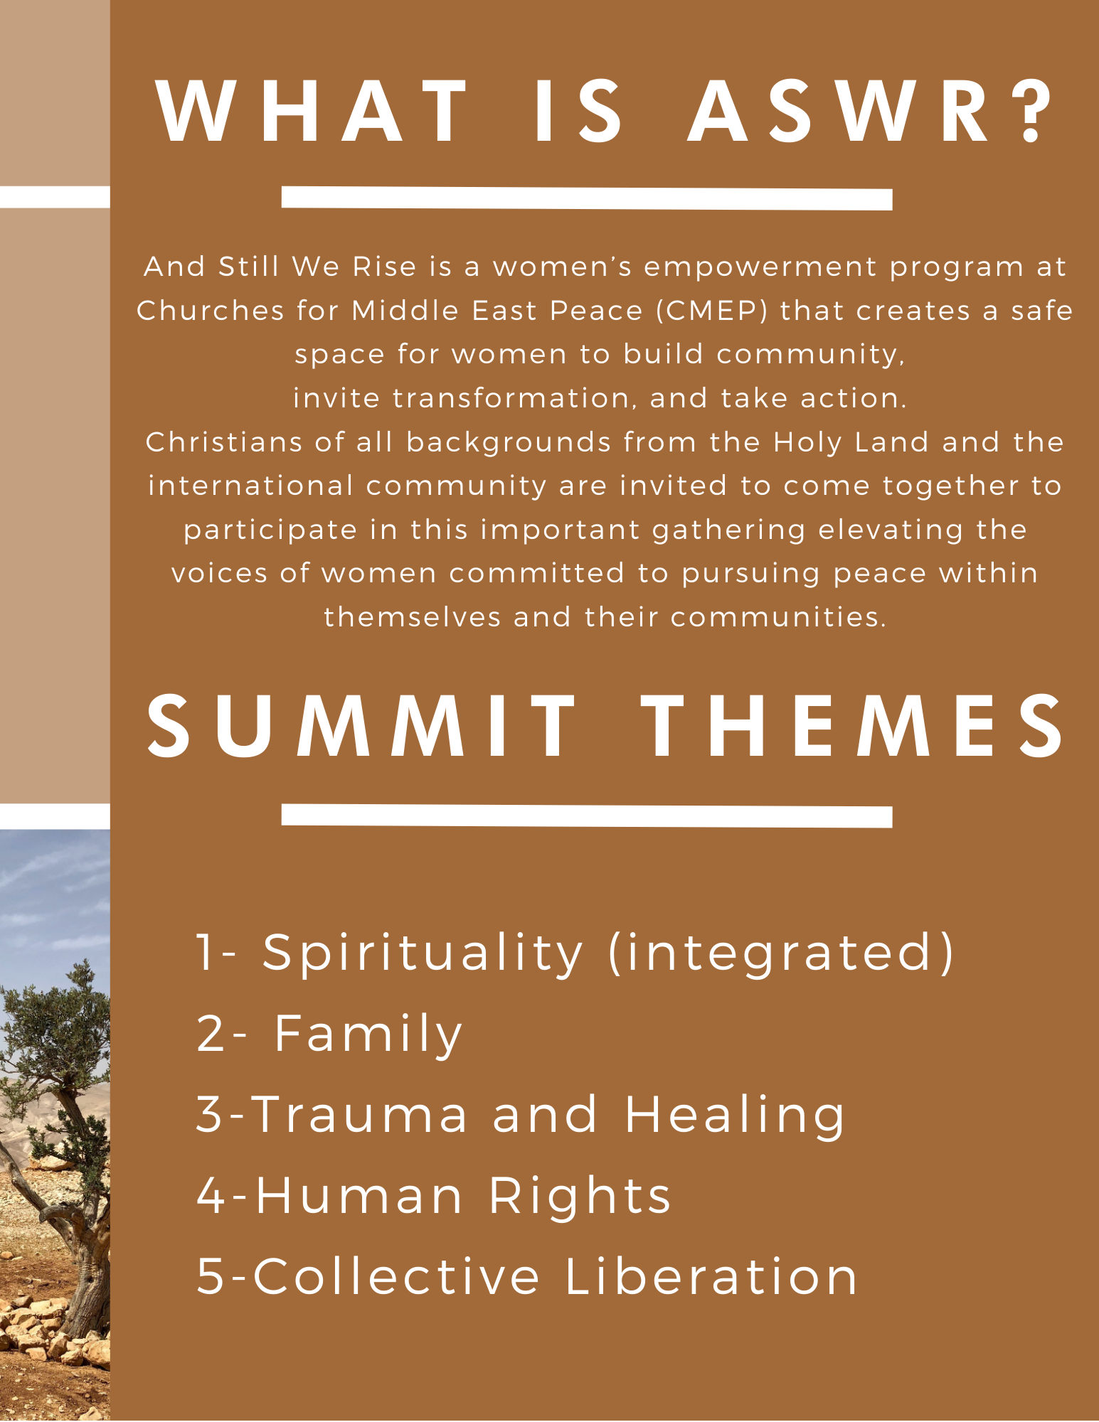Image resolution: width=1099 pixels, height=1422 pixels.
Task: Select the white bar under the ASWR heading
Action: pos(587,198)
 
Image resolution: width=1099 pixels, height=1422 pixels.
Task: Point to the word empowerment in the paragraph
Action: pos(760,267)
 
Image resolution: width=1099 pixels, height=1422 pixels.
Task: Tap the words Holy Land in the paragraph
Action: pos(851,442)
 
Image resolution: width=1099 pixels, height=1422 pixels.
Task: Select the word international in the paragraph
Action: pos(251,486)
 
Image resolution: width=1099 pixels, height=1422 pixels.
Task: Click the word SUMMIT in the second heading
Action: pos(361,726)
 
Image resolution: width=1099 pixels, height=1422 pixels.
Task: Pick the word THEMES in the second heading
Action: pos(852,726)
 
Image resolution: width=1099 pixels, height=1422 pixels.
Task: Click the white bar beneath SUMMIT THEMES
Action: pos(587,816)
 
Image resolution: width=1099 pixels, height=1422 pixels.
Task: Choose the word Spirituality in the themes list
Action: pos(423,954)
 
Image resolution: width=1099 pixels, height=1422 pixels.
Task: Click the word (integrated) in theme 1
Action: pos(781,953)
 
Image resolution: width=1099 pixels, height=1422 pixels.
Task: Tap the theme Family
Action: pos(368,1035)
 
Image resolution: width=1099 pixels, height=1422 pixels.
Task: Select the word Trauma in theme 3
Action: pos(360,1114)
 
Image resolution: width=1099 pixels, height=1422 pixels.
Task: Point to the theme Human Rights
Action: pos(463,1196)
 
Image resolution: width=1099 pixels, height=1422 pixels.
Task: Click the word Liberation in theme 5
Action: pos(711,1276)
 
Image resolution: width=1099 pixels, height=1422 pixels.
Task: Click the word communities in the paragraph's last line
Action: pos(779,617)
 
